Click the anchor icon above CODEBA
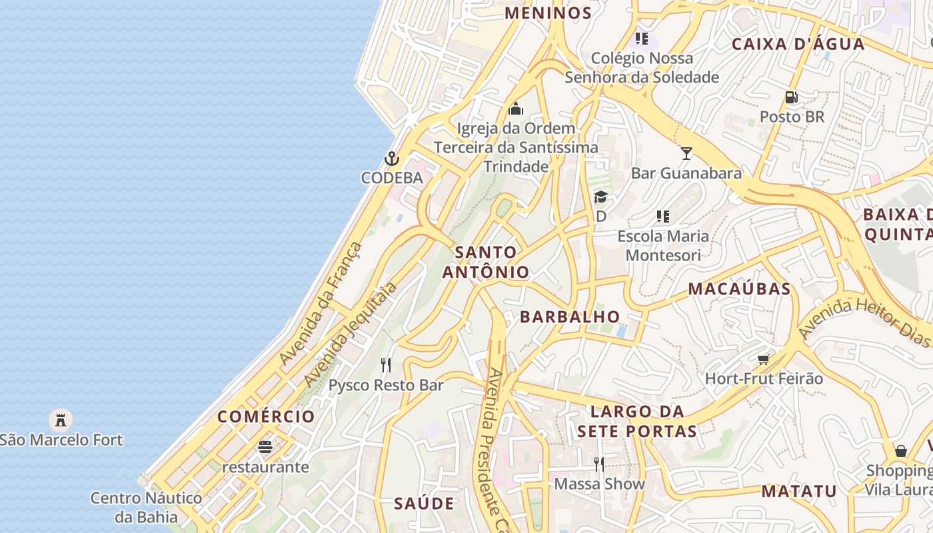[392, 159]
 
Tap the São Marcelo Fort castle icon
[61, 420]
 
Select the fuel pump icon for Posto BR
[792, 97]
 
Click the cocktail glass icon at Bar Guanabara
[686, 153]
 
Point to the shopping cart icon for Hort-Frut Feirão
[764, 359]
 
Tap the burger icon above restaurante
[265, 447]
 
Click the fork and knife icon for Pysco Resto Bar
[386, 364]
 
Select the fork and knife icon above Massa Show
[599, 464]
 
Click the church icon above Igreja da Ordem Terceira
[516, 109]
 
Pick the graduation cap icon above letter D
[600, 197]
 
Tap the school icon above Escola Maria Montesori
[663, 216]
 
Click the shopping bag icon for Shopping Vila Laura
[901, 451]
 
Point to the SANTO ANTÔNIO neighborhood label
[486, 262]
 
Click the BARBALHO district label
[570, 316]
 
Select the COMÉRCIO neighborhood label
[266, 416]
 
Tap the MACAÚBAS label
[739, 288]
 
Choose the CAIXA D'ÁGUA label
[798, 44]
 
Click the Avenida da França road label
[321, 304]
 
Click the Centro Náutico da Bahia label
[146, 507]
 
